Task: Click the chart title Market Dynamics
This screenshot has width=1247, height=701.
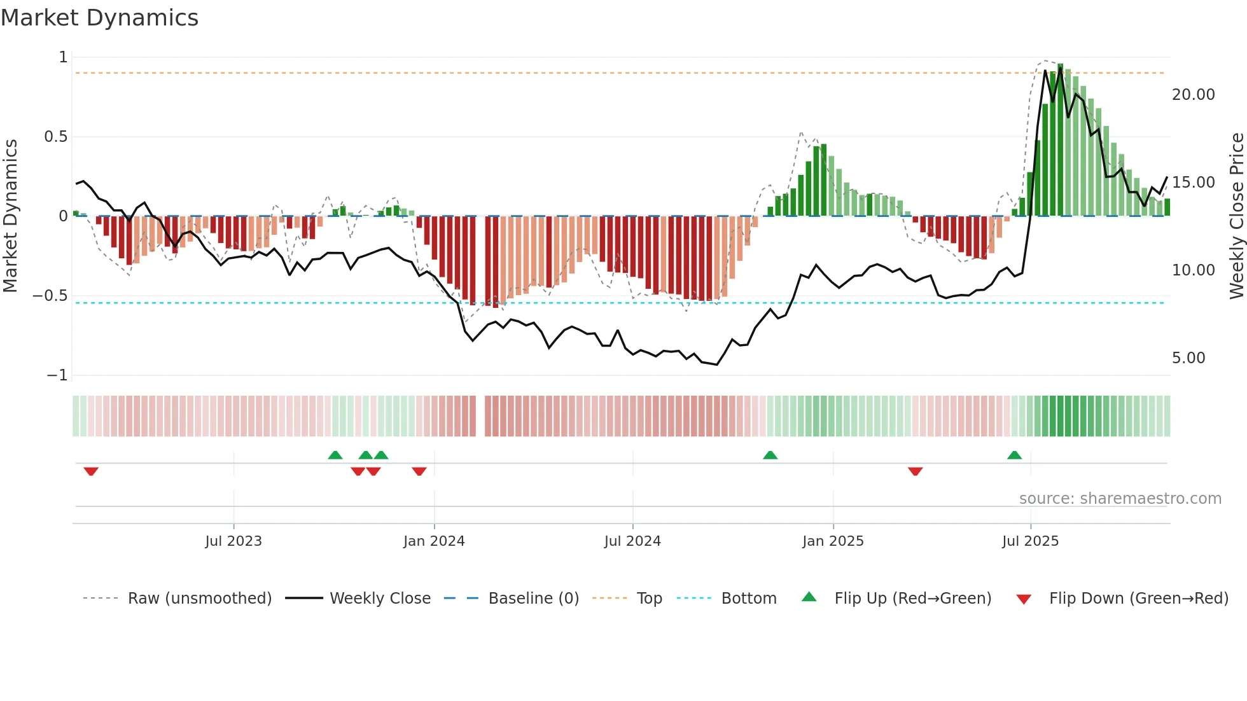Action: [x=99, y=18]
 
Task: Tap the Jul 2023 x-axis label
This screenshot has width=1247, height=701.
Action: [x=233, y=541]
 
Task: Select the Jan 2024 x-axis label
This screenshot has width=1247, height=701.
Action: [x=434, y=541]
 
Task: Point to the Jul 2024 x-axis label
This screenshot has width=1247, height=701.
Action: [x=632, y=541]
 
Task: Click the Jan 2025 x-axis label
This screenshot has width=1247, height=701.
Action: [x=833, y=541]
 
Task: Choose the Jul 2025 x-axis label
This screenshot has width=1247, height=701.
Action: [x=1030, y=541]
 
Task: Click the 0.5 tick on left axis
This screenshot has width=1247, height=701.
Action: [x=55, y=137]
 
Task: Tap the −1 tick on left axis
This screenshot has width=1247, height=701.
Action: [x=57, y=375]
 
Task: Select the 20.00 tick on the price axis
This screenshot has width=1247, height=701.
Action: [x=1193, y=95]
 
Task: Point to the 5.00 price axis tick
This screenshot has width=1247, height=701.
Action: [x=1188, y=358]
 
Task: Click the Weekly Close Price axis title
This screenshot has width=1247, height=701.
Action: [x=1236, y=216]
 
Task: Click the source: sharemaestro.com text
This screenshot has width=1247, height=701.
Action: [x=1120, y=499]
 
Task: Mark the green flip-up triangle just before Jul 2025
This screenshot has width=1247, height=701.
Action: [x=1014, y=455]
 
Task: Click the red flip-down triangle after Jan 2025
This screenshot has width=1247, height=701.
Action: [x=915, y=471]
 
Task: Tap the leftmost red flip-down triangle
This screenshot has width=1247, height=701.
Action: [x=91, y=471]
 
